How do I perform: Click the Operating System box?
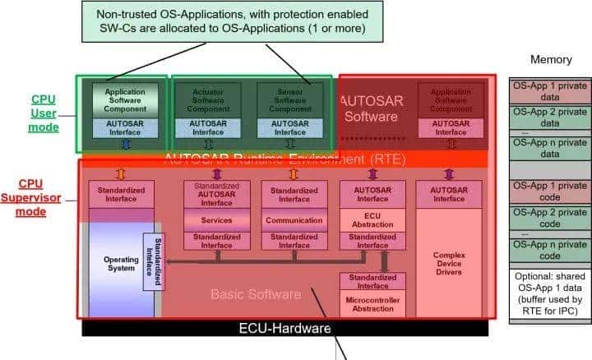(120, 263)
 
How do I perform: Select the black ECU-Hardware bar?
(284, 328)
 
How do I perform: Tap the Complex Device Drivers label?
(448, 263)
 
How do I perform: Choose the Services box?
(216, 220)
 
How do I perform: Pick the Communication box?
(294, 220)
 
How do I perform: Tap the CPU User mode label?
(43, 113)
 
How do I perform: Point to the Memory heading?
(550, 59)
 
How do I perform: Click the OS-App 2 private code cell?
(550, 217)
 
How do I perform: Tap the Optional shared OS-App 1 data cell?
(550, 296)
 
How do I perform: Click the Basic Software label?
(255, 294)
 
